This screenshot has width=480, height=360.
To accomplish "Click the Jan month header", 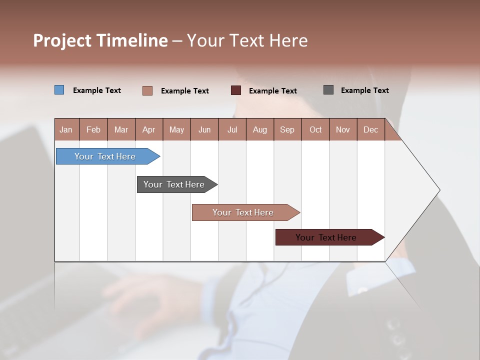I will click(66, 129).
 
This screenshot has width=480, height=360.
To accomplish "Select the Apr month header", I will click(148, 129).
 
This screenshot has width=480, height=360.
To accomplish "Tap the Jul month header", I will click(232, 129).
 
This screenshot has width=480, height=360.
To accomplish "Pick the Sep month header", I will click(287, 129).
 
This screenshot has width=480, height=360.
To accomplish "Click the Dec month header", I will click(370, 129).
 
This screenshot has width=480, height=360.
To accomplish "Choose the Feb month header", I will click(93, 129).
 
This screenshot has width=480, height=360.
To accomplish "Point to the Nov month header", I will click(342, 129).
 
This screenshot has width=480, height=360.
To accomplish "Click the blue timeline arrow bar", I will click(105, 156).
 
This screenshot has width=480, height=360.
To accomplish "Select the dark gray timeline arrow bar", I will click(174, 184).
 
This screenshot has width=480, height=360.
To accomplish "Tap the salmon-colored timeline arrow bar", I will click(243, 212).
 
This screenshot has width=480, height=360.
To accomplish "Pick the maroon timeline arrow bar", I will click(326, 237).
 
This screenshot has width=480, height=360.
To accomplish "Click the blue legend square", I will click(59, 90).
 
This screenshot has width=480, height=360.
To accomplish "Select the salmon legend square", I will click(147, 90).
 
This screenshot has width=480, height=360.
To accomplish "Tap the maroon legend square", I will click(236, 90).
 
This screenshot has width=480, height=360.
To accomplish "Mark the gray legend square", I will click(328, 90).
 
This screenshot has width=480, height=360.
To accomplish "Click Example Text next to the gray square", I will click(364, 90).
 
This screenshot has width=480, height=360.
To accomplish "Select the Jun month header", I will click(204, 129).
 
